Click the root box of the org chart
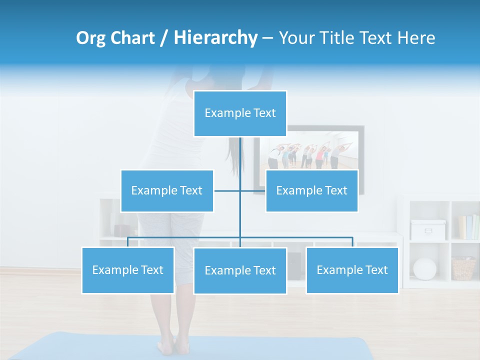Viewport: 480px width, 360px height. pyautogui.click(x=240, y=113)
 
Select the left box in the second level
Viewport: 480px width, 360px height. pyautogui.click(x=167, y=190)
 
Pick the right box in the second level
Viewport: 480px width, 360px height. pyautogui.click(x=311, y=190)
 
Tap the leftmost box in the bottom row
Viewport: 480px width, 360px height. pyautogui.click(x=128, y=270)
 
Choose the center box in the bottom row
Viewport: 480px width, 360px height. pyautogui.click(x=240, y=270)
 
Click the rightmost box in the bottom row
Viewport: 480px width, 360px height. pyautogui.click(x=352, y=270)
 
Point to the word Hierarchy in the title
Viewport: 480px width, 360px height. pyautogui.click(x=215, y=38)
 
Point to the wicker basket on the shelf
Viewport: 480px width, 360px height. pyautogui.click(x=463, y=268)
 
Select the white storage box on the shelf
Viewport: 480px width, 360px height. pyautogui.click(x=427, y=229)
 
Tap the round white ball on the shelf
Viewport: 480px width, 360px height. pyautogui.click(x=424, y=268)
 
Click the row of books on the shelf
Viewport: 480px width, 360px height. pyautogui.click(x=468, y=227)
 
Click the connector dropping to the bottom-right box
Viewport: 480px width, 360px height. pyautogui.click(x=352, y=242)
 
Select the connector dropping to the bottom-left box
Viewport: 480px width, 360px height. pyautogui.click(x=128, y=242)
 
